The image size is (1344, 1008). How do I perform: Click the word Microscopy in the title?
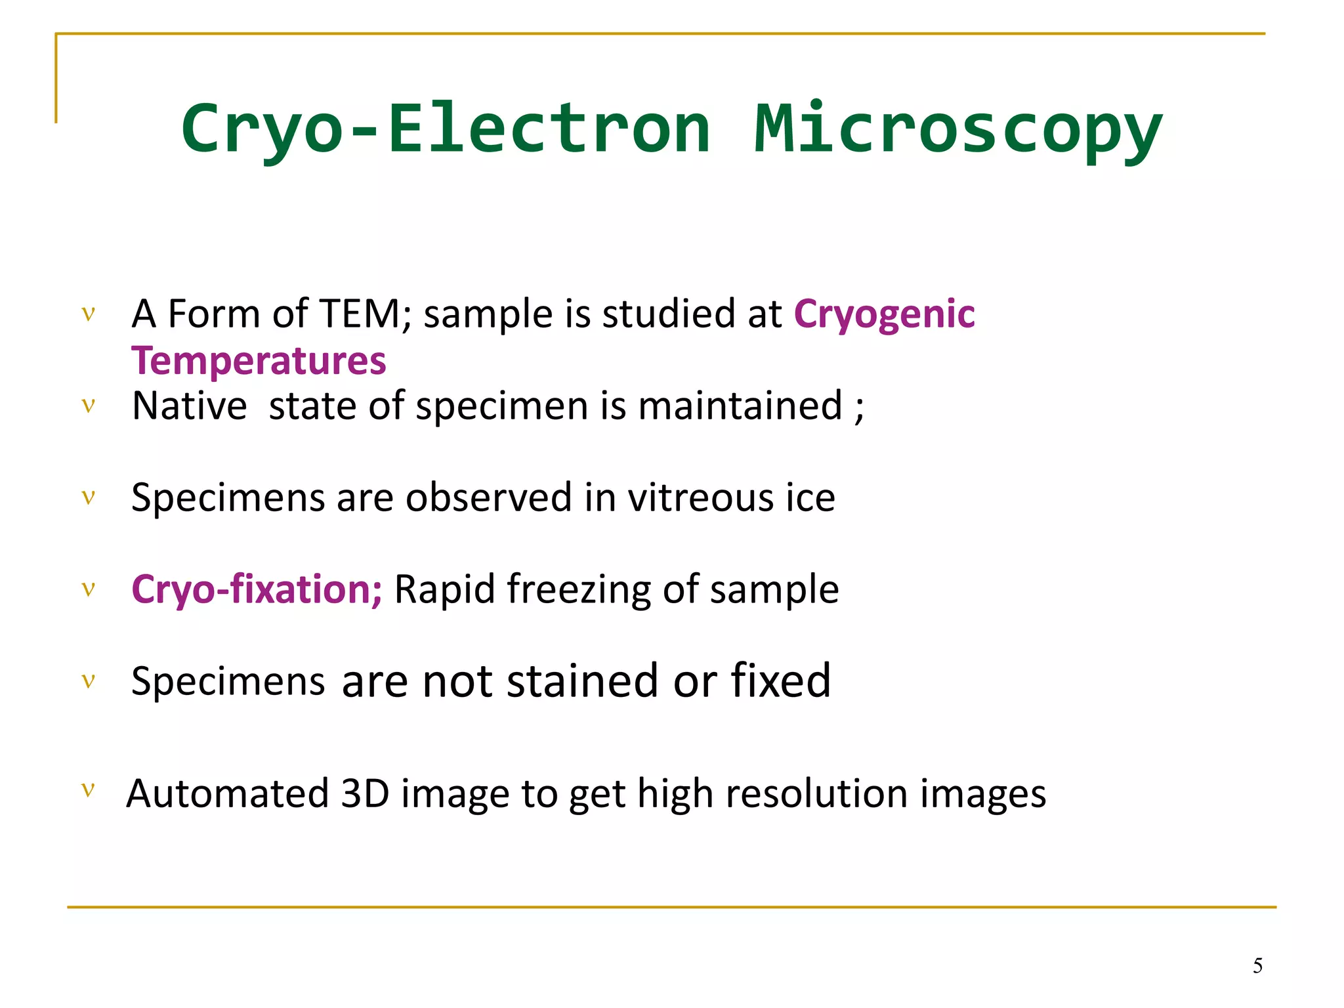tap(958, 129)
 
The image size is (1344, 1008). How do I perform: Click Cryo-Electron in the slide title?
tap(446, 129)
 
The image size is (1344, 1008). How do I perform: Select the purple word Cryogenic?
tap(884, 314)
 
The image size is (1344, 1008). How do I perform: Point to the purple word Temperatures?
tap(259, 361)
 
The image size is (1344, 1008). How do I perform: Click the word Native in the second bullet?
tap(189, 406)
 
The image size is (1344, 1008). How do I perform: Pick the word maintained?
tap(740, 406)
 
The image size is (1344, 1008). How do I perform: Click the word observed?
tap(488, 497)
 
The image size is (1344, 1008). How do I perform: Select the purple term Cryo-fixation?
tap(256, 589)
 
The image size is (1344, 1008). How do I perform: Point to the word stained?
tap(582, 681)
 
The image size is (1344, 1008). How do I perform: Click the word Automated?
tap(227, 794)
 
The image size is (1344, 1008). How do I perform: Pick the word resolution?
tap(816, 794)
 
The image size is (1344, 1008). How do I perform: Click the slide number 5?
tap(1257, 966)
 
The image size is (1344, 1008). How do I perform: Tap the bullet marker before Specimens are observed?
tap(89, 497)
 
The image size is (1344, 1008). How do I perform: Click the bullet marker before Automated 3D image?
tap(89, 789)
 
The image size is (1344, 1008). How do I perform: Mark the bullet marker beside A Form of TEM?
tap(89, 313)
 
